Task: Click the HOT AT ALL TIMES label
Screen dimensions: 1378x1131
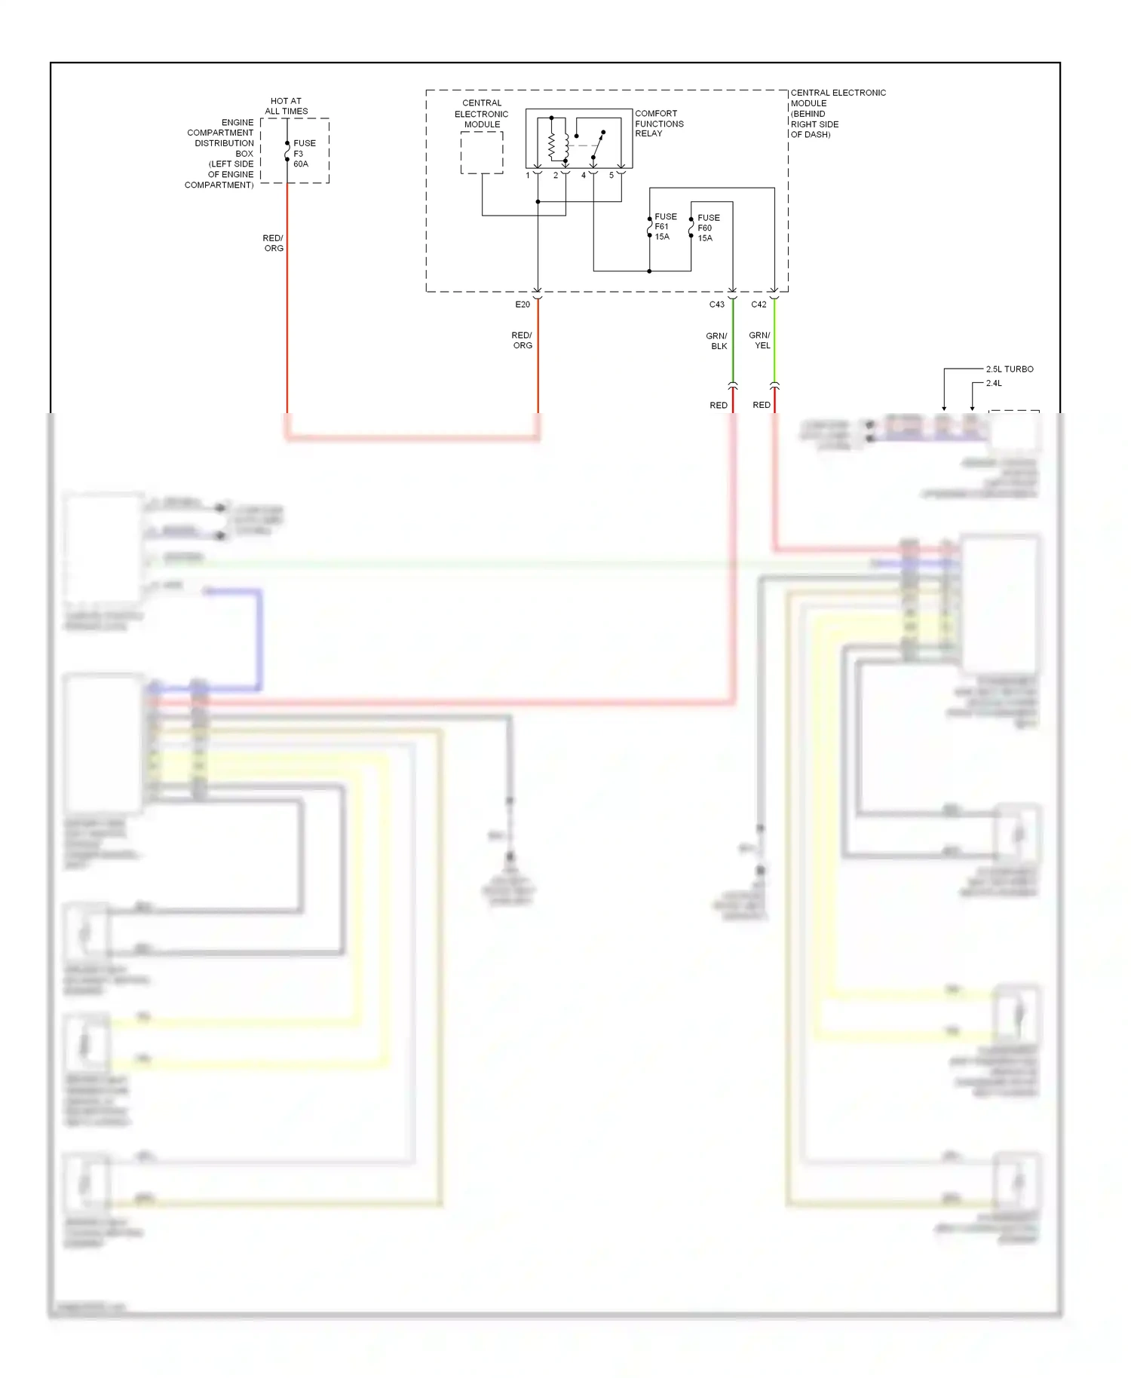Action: tap(286, 106)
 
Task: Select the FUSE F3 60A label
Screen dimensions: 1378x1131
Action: tap(304, 153)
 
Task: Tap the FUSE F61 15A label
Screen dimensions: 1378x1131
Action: tap(664, 227)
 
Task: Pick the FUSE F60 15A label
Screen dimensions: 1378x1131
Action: tap(707, 228)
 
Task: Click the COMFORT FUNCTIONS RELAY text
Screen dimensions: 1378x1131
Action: tap(658, 124)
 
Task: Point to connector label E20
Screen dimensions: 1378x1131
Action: tap(523, 305)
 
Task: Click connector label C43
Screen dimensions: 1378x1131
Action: tap(716, 305)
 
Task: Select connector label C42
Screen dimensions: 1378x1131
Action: tap(759, 305)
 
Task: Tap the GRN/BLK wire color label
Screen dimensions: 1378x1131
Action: tap(717, 341)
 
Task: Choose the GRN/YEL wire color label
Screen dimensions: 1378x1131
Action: tap(760, 340)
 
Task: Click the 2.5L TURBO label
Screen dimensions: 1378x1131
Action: tap(1009, 369)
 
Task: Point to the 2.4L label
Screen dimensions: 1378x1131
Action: tap(994, 384)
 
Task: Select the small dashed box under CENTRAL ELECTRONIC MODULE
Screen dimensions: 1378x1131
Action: tap(482, 153)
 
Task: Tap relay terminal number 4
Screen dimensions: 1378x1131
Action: tap(583, 176)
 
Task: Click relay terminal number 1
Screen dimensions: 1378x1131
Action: tap(528, 176)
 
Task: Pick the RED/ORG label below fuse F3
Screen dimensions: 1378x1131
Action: tap(273, 243)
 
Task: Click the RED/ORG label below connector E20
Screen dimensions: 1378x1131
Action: tap(522, 341)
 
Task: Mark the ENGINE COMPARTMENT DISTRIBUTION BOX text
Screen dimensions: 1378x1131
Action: tap(221, 154)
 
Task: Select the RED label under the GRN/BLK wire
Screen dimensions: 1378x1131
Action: tap(718, 406)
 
